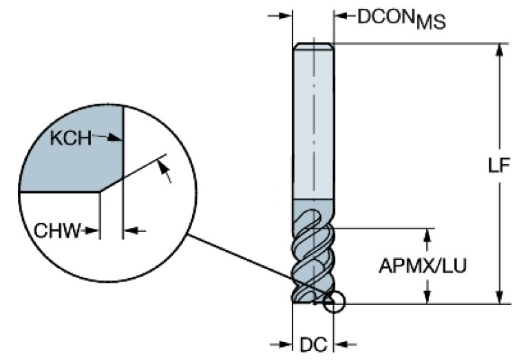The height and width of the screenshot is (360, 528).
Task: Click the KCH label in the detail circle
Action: (x=70, y=138)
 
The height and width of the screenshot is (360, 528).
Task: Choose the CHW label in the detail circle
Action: (x=56, y=230)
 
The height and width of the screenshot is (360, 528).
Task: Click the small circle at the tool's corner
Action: (x=334, y=302)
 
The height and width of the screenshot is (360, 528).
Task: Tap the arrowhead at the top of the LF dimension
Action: (x=500, y=50)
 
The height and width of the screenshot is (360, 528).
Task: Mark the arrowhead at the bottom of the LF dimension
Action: (x=500, y=296)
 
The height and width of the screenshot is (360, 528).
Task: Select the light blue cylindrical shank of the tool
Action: (x=313, y=124)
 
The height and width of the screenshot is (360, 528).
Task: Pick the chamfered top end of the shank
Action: (x=313, y=46)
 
